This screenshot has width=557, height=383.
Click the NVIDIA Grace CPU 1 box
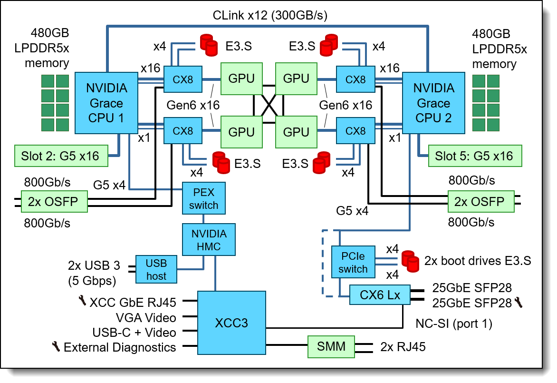(x=106, y=103)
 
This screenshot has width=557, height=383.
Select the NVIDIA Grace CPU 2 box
(x=433, y=103)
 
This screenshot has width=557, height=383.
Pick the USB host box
(x=156, y=269)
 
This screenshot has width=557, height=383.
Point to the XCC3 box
(x=231, y=323)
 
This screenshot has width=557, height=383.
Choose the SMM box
(x=331, y=346)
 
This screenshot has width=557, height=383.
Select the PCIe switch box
(x=353, y=262)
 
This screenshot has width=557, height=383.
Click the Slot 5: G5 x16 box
(x=473, y=156)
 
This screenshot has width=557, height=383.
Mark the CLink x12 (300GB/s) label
(x=270, y=16)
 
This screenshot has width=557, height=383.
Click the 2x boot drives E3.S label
(x=478, y=261)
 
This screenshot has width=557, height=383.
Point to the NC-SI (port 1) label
(x=454, y=324)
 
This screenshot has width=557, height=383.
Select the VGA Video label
(x=146, y=317)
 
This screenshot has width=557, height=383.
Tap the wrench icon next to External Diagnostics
(x=56, y=347)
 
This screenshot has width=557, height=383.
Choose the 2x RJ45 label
(x=403, y=347)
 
